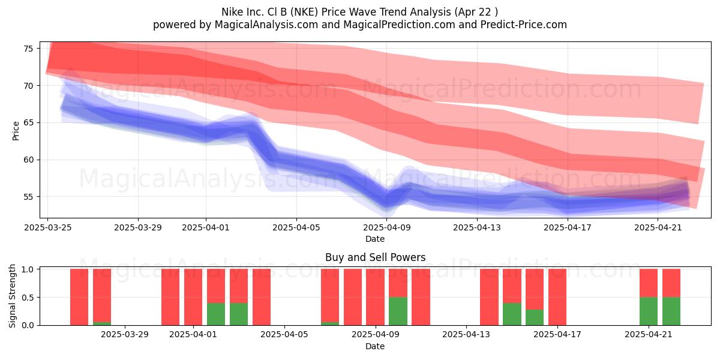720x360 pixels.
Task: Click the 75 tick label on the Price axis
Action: [x=28, y=49]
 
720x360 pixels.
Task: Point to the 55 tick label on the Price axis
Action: [x=28, y=197]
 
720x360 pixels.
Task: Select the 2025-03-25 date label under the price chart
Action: [x=48, y=227]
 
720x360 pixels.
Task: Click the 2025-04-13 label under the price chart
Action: [x=477, y=227]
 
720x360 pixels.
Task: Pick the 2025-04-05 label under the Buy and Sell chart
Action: [x=284, y=335]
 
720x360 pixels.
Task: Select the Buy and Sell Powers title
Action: [x=376, y=257]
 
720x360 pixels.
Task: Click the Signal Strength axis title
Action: [x=12, y=296]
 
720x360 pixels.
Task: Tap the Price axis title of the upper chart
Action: [x=16, y=131]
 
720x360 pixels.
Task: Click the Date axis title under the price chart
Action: [x=375, y=239]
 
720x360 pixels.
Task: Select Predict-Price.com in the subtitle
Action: [x=524, y=25]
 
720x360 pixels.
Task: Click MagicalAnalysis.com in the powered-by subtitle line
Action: [x=266, y=25]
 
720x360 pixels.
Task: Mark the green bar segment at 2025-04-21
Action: [x=649, y=311]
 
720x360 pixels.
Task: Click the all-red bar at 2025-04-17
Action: [x=557, y=297]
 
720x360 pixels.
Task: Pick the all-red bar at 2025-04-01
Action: [x=193, y=297]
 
